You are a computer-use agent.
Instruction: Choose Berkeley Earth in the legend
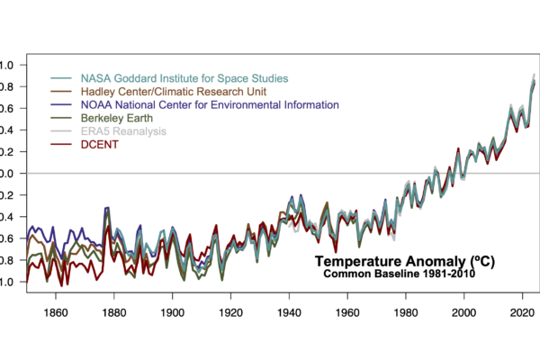116,117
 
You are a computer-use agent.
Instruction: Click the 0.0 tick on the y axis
6,173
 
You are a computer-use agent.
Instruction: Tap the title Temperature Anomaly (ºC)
404,261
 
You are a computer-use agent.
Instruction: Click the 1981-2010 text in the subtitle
450,274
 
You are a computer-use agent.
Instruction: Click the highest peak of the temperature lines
535,75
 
